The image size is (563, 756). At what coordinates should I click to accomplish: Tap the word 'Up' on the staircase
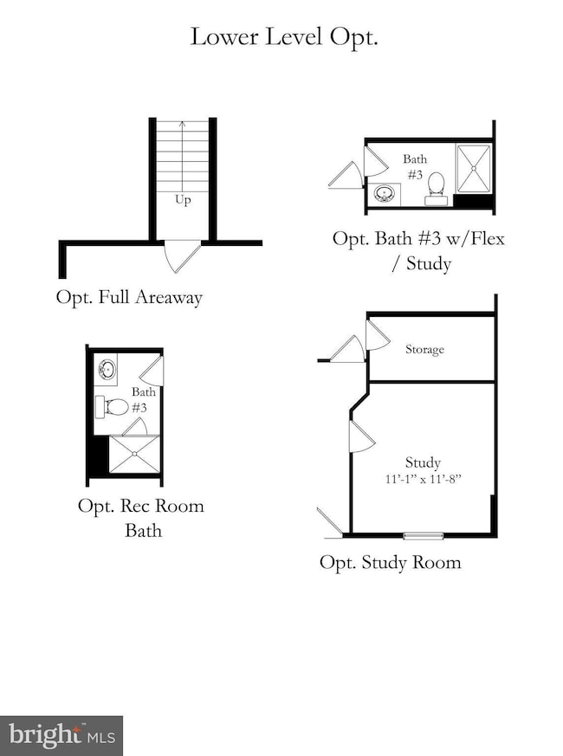(x=183, y=199)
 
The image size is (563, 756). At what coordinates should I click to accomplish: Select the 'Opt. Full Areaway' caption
(x=129, y=298)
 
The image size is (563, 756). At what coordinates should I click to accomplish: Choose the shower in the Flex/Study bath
(x=474, y=169)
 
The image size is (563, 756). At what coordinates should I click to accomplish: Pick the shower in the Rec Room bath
(x=133, y=455)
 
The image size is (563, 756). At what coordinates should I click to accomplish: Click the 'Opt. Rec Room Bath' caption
(x=141, y=517)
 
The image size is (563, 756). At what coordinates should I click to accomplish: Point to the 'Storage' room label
(x=424, y=350)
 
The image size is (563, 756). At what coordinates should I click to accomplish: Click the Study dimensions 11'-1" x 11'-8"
(x=422, y=478)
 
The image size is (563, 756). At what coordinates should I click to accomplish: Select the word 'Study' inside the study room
(x=423, y=462)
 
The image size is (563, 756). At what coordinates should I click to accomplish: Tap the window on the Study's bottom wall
(x=424, y=535)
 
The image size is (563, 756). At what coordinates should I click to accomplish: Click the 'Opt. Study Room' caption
(x=391, y=562)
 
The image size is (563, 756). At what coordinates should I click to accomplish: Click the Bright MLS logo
(x=61, y=735)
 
